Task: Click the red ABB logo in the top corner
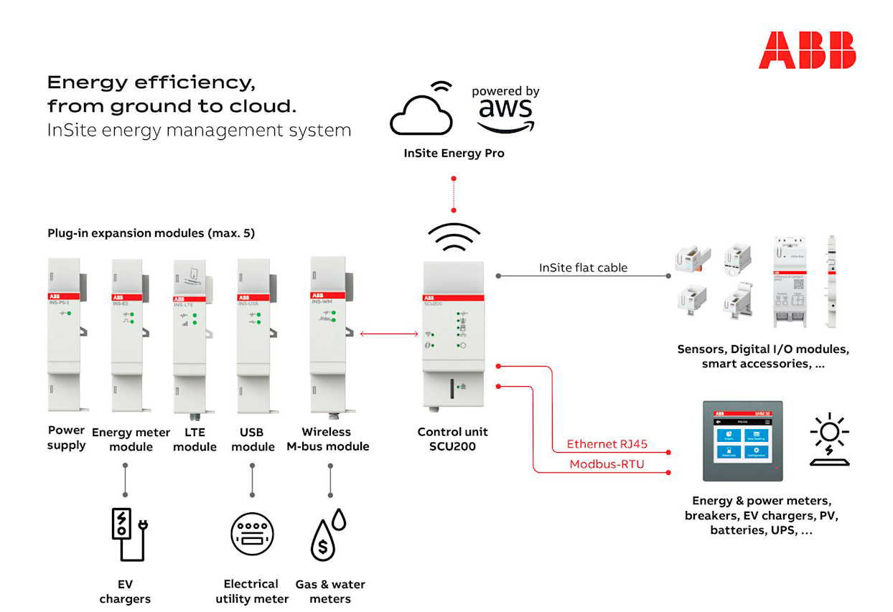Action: [x=807, y=50]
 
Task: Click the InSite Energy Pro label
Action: [x=454, y=154]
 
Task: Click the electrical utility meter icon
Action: [x=252, y=534]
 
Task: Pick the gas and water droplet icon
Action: [x=328, y=535]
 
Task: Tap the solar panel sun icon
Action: [x=829, y=439]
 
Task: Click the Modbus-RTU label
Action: [x=607, y=464]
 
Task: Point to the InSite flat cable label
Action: [x=583, y=268]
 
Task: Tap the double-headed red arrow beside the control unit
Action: [x=389, y=334]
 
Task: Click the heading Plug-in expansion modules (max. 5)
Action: [x=151, y=234]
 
